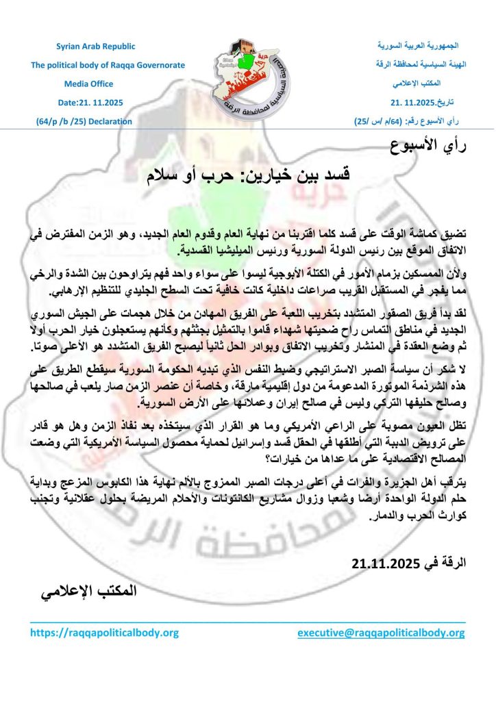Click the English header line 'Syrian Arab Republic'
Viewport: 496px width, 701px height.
pos(95,47)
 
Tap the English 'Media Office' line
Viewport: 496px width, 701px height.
pos(95,85)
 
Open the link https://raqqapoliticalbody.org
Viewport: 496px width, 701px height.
pos(104,634)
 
